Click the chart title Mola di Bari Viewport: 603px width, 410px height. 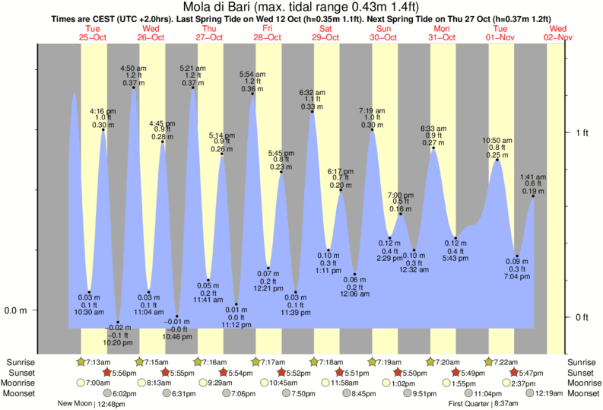[x=301, y=8]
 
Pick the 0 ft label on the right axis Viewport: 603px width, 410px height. [x=581, y=317]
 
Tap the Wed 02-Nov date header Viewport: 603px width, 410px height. [x=559, y=32]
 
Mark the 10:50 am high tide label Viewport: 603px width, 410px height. [x=497, y=148]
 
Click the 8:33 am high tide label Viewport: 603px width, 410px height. [x=433, y=135]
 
